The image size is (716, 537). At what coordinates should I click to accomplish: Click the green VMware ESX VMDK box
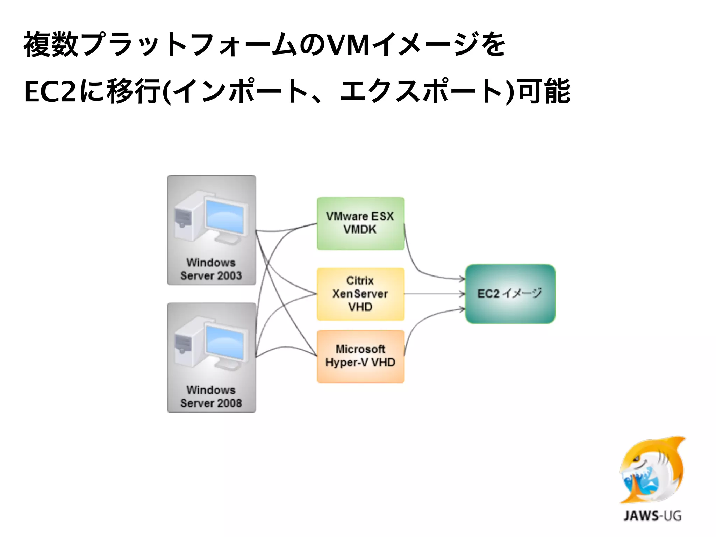(x=360, y=223)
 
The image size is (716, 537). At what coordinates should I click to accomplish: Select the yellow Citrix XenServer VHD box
(x=360, y=294)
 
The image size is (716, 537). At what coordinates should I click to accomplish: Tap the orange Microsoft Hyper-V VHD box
(x=360, y=356)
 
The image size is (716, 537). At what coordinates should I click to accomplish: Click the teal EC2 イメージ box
(x=510, y=294)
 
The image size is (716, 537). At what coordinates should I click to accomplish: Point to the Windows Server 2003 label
(x=211, y=269)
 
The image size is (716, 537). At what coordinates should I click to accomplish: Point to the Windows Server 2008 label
(x=211, y=396)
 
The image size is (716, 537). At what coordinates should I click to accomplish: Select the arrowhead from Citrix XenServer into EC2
(x=462, y=294)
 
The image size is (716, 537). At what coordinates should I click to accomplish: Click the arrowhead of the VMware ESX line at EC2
(x=462, y=279)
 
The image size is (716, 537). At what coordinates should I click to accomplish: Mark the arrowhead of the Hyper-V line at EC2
(x=462, y=309)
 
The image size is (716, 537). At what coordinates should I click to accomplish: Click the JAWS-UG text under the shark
(x=652, y=516)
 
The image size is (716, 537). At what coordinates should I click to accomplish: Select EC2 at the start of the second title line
(x=50, y=92)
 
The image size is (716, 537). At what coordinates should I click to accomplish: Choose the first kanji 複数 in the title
(x=51, y=45)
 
